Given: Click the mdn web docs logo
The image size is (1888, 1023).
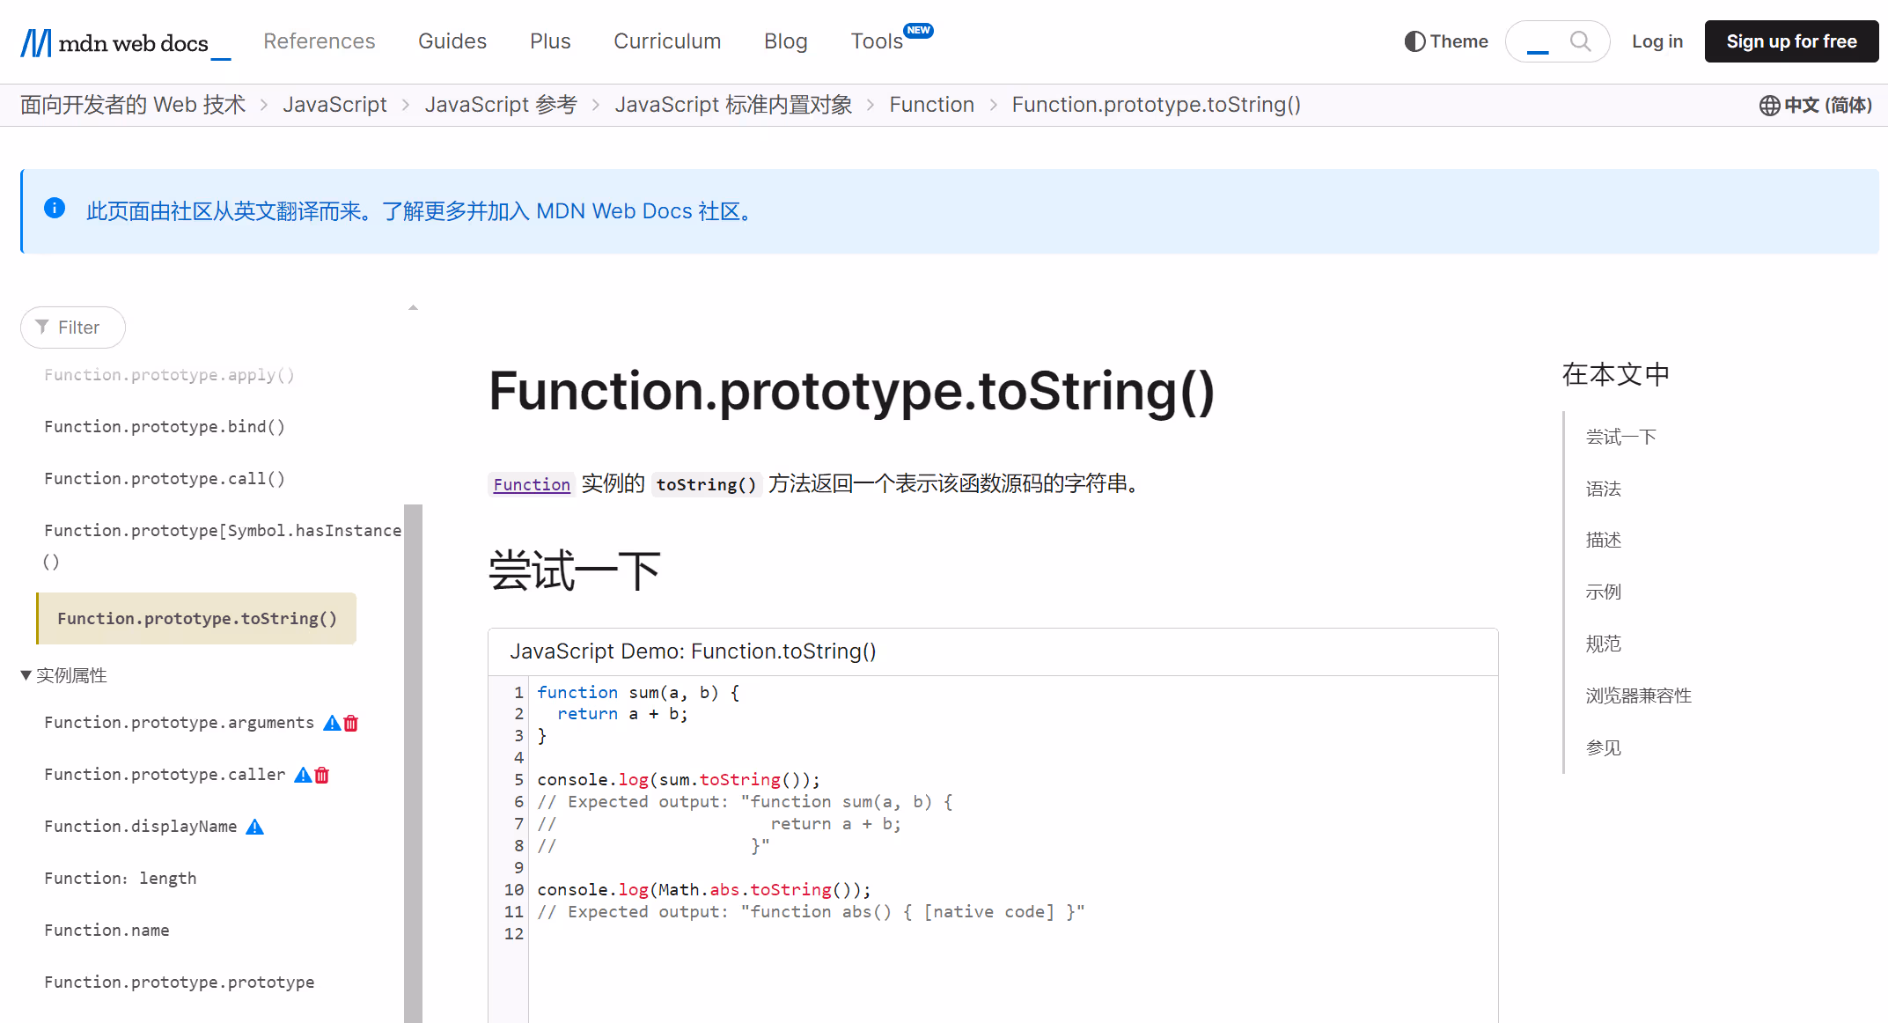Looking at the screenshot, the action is (x=125, y=42).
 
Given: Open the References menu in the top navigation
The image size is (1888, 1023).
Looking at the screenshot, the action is (x=319, y=41).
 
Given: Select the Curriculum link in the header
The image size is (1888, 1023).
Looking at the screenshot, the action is (x=667, y=41).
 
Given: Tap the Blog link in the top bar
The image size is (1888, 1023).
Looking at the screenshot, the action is (x=785, y=41).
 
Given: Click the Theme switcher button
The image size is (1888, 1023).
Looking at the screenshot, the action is (x=1446, y=41).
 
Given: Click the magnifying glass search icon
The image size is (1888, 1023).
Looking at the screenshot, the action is (x=1580, y=41).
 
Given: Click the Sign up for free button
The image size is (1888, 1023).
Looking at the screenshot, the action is (x=1791, y=41).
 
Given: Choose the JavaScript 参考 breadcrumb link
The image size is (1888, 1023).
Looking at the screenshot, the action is (x=501, y=105).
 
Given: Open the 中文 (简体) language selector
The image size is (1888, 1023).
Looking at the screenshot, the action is (x=1816, y=106).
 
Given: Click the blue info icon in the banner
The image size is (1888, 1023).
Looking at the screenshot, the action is (x=55, y=208).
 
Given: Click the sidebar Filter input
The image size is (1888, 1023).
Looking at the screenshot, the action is (x=73, y=328).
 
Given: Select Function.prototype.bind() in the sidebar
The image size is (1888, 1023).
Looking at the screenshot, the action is (x=165, y=427).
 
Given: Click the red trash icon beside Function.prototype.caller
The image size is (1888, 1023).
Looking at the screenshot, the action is (x=322, y=775).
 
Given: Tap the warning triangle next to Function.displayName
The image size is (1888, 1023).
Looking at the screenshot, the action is (x=254, y=827).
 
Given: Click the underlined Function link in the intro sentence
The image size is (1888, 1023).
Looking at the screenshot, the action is (x=532, y=484).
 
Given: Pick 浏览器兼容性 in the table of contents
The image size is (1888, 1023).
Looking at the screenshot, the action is (x=1638, y=695).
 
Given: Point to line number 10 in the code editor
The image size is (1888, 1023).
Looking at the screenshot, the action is (x=514, y=890).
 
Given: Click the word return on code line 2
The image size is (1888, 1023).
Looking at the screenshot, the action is (x=587, y=714).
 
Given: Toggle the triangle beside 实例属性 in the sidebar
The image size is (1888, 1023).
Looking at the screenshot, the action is (x=26, y=675).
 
